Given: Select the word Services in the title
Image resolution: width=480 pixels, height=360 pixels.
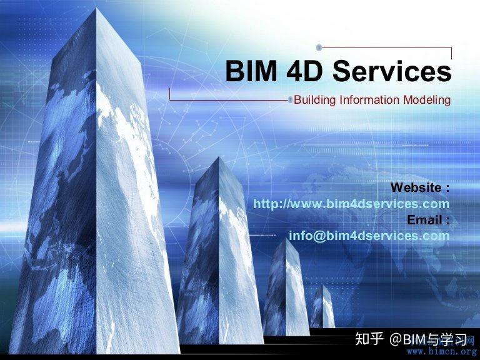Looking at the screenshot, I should pos(392,72).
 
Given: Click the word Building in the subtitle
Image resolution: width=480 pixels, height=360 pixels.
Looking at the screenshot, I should pos(314,100).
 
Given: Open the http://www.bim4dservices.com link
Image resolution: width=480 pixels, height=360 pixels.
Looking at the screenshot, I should pos(351,204).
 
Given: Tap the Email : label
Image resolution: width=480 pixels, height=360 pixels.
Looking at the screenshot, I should pos(428,220).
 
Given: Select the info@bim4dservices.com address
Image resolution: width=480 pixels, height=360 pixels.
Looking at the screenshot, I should pos(369,236).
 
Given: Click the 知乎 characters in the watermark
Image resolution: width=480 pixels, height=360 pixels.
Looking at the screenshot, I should pos(368,339).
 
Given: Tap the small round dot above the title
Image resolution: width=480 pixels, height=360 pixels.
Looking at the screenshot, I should pos(319,47).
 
